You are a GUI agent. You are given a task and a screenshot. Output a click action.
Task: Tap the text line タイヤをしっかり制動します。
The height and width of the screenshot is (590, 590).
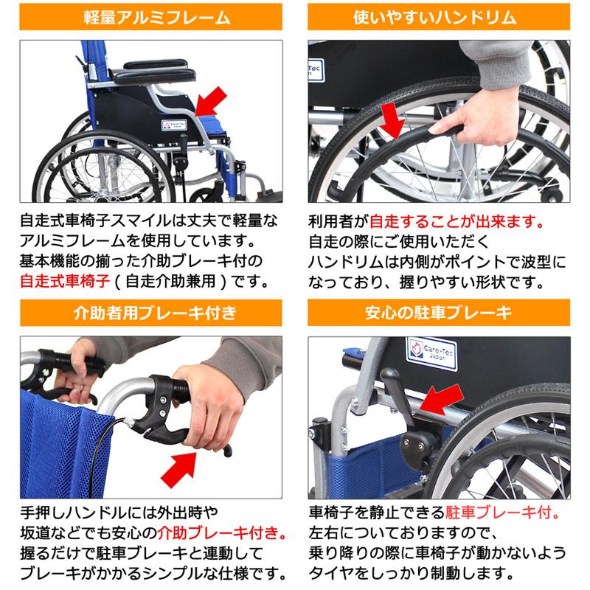coord(409,572)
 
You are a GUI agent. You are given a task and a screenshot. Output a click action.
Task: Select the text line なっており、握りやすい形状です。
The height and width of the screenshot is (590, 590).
coord(426,282)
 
